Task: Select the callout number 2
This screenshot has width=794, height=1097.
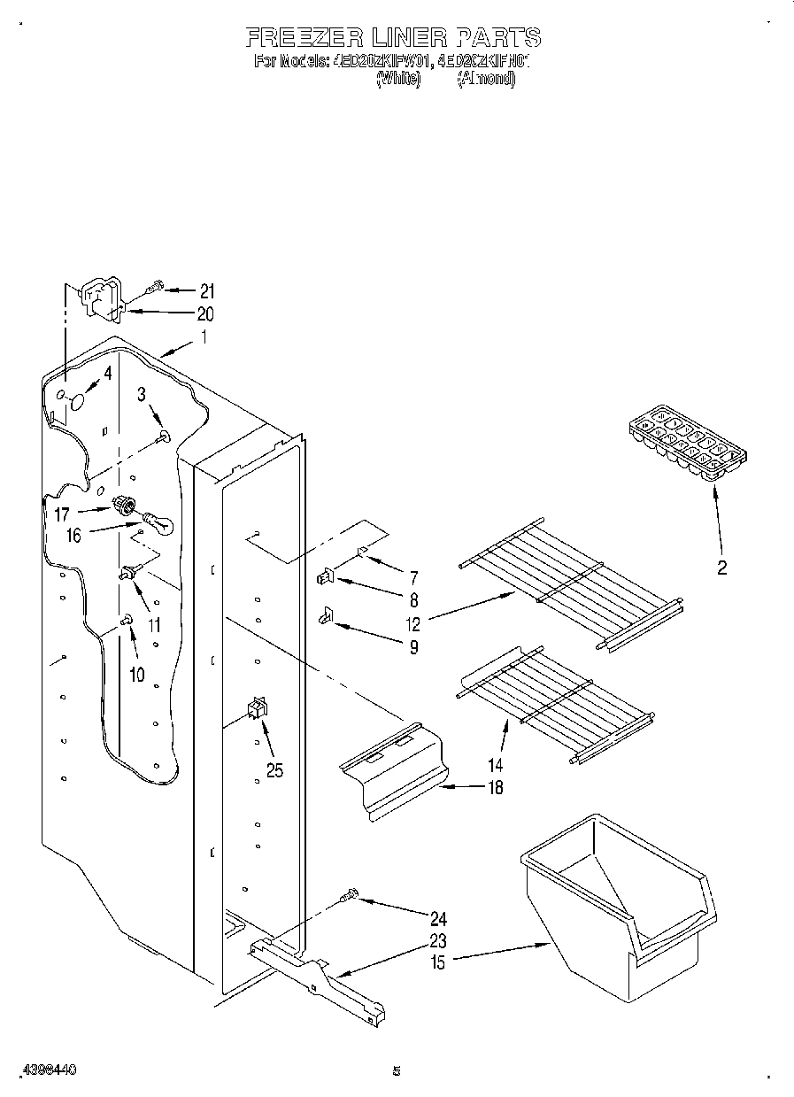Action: (x=721, y=568)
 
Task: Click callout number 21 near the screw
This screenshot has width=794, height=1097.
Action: (x=206, y=291)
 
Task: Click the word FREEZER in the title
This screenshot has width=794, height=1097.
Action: (x=301, y=37)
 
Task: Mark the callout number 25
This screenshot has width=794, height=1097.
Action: (x=275, y=770)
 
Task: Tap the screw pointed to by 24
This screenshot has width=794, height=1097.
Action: (x=349, y=899)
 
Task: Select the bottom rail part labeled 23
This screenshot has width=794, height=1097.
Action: (x=319, y=974)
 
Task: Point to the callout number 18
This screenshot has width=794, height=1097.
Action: (x=495, y=787)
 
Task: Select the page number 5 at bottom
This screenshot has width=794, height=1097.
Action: (x=397, y=1070)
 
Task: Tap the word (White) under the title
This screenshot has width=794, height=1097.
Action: (x=398, y=79)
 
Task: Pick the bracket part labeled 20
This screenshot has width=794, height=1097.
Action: (x=103, y=297)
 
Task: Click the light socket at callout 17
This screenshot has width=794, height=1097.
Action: (x=127, y=506)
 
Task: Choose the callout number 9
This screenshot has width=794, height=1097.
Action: (x=412, y=647)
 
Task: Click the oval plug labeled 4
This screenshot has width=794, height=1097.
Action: (x=77, y=401)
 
